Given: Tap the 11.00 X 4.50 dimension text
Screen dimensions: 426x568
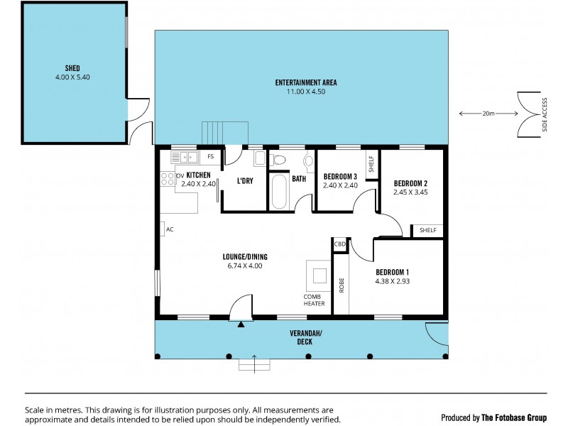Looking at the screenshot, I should tap(306, 92).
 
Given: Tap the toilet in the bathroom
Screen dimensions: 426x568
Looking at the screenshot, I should tap(280, 159).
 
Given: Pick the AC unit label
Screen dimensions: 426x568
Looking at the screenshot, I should tap(169, 230).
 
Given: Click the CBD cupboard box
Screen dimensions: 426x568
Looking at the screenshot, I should tap(340, 244).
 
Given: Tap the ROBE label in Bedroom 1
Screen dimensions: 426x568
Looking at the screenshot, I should tap(341, 285).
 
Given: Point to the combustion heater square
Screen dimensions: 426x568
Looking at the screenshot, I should tap(317, 274).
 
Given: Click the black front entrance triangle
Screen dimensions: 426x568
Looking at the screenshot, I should tap(241, 324).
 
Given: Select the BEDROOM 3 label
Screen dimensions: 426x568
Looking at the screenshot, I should tap(341, 177).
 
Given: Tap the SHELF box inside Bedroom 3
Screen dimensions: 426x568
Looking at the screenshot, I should tap(371, 165).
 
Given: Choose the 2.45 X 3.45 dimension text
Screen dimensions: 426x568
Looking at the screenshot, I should tap(410, 192).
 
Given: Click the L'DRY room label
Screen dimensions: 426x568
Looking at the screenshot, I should tap(245, 181).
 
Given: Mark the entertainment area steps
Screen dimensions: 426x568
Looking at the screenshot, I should tap(226, 133).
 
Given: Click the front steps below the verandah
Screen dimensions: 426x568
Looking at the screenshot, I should tap(255, 364).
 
